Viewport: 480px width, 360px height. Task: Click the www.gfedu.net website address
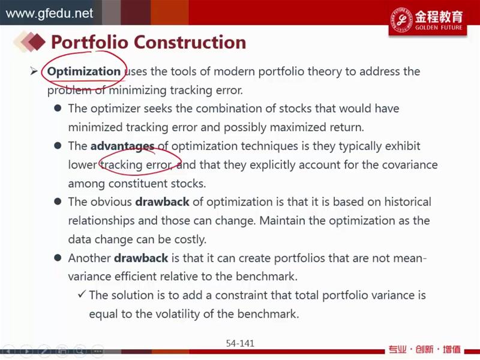[49, 13]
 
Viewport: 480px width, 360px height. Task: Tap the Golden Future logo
[428, 20]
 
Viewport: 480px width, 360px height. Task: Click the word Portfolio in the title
[89, 42]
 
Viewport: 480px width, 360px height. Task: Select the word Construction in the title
[190, 42]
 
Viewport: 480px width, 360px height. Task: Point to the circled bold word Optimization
[84, 71]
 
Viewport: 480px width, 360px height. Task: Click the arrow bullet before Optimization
[34, 71]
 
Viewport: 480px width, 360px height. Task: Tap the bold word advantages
[122, 146]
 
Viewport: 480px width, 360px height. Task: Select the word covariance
[410, 164]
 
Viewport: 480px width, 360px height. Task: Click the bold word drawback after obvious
[162, 202]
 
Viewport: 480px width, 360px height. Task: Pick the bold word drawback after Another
[141, 258]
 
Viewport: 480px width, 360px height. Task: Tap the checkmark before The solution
[82, 295]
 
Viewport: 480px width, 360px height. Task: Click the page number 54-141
[240, 343]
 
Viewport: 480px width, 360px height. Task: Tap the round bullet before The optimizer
[58, 108]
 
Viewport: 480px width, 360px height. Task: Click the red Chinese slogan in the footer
[425, 349]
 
